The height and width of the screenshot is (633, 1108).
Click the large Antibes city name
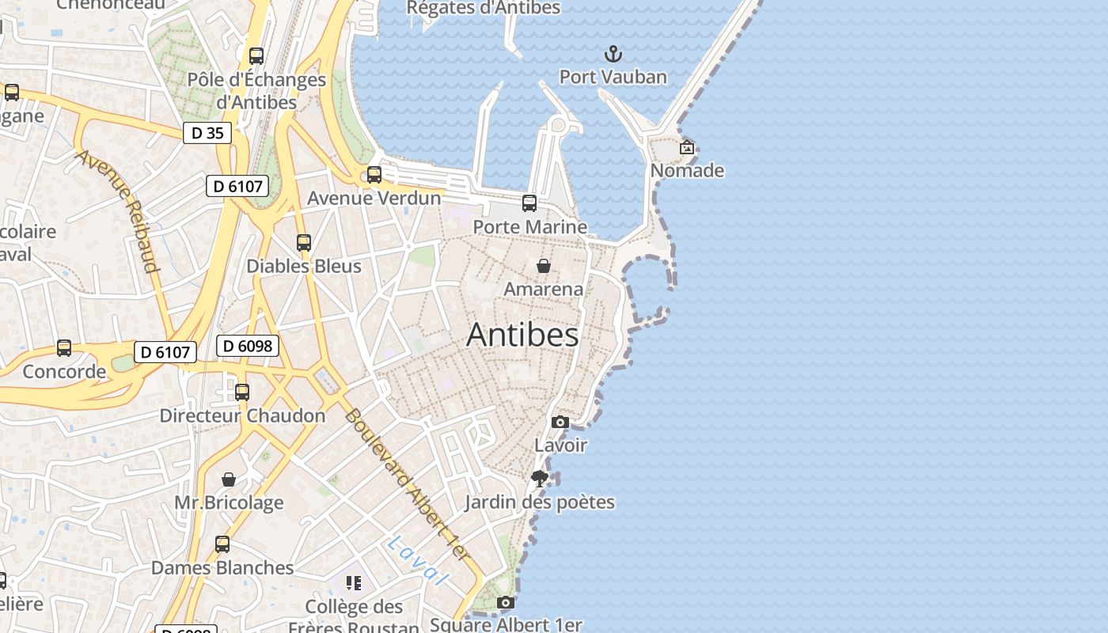pos(522,335)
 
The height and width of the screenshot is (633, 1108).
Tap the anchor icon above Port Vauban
pos(613,54)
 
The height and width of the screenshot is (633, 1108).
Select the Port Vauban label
pos(613,77)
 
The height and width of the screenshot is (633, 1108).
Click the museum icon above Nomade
pos(687,147)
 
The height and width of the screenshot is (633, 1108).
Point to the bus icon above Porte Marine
pos(529,203)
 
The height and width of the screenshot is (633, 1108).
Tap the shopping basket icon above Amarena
pos(544,266)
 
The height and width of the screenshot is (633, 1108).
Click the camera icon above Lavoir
pos(560,422)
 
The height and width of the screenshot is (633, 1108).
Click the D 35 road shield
pos(207,133)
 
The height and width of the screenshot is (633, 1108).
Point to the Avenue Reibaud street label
pos(118,210)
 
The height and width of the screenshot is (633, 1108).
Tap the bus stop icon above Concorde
pos(64,348)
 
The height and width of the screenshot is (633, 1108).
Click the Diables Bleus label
pos(304,266)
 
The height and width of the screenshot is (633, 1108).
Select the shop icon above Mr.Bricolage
pos(229,479)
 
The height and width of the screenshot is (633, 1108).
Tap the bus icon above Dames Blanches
pos(222,544)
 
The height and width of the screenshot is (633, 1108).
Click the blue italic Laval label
pos(418,560)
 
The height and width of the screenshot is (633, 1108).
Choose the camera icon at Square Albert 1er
pos(506,603)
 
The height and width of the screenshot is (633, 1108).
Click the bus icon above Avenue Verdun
pos(374,175)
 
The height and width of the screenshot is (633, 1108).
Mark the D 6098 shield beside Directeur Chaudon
pos(248,346)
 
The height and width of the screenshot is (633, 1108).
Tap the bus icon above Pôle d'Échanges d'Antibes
pos(256,56)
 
